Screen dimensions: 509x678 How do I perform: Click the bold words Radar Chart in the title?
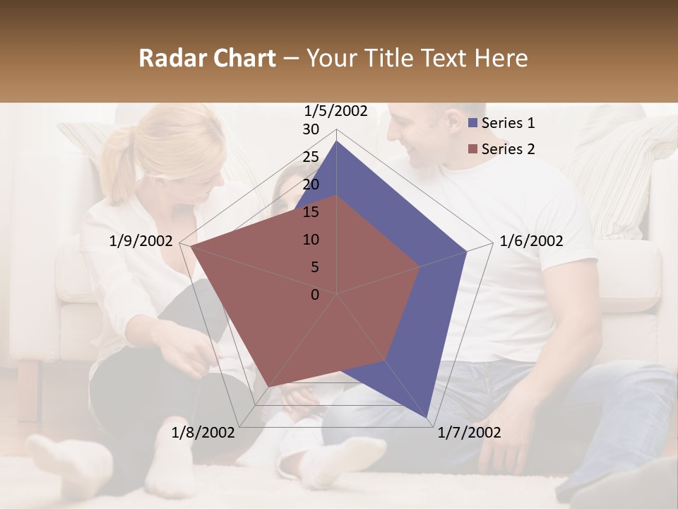206,58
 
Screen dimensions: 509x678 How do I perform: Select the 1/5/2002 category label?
336,110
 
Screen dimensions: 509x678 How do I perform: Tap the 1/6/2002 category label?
531,241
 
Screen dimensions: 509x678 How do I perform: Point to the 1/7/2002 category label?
469,432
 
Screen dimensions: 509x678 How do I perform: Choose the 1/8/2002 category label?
203,432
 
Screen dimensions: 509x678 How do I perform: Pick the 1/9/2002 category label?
141,241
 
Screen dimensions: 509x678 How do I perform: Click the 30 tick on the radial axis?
311,129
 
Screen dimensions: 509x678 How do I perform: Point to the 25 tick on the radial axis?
311,157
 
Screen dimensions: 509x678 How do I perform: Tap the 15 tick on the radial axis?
311,212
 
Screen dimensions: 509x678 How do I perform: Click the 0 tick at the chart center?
315,295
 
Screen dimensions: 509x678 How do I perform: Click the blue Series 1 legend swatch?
474,123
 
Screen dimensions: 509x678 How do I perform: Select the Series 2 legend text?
508,149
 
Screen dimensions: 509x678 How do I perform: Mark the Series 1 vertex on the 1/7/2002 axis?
427,419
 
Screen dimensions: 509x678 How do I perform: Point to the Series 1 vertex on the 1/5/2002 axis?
337,141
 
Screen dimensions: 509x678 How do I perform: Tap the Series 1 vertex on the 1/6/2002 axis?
467,251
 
